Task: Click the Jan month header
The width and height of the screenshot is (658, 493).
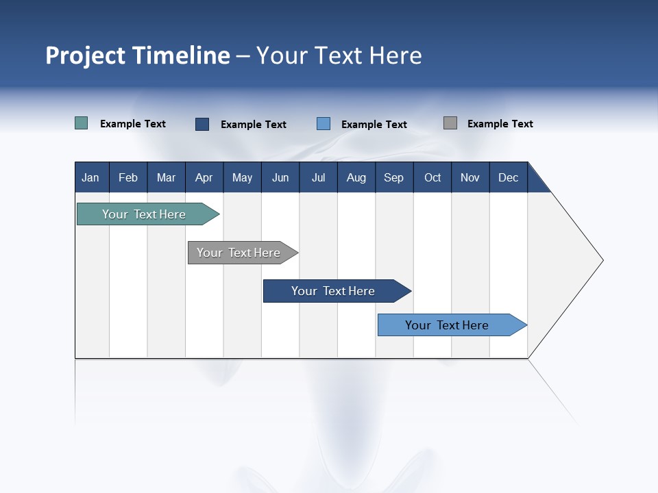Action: click(90, 177)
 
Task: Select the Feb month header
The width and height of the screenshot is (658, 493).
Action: click(128, 177)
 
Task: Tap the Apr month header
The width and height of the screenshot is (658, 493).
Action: click(204, 177)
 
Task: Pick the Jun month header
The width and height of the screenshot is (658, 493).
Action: click(280, 177)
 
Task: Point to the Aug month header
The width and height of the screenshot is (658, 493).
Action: click(356, 177)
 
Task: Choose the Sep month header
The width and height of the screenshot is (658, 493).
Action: click(393, 177)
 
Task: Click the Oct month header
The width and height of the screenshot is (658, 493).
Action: click(432, 177)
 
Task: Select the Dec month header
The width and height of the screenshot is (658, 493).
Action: click(508, 177)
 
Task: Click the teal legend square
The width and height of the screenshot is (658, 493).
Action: click(81, 123)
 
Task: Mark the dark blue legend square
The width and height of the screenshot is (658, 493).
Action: click(202, 124)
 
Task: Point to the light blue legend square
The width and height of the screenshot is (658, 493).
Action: click(324, 124)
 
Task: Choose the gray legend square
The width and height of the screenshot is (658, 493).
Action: click(450, 123)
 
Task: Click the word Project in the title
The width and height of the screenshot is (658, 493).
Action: click(86, 55)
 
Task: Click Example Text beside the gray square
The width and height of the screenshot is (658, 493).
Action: click(500, 124)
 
